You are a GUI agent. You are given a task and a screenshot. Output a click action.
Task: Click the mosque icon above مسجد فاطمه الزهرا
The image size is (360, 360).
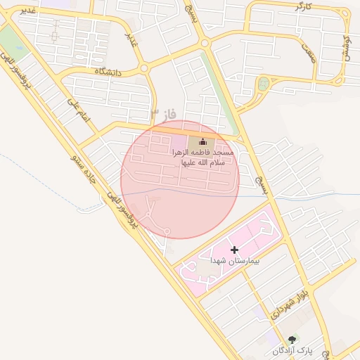click(x=202, y=142)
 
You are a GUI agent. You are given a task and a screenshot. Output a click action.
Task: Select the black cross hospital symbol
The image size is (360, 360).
click(x=234, y=250)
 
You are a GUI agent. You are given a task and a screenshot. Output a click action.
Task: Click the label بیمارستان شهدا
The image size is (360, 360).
click(x=235, y=260)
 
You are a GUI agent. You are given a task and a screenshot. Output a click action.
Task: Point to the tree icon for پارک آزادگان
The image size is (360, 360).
click(x=292, y=340)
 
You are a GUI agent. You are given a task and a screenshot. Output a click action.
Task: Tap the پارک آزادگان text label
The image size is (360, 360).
click(x=292, y=349)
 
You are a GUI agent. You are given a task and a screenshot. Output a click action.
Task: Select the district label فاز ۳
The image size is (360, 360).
click(x=163, y=114)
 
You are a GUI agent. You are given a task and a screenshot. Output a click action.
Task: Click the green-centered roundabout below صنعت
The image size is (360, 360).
click(x=264, y=84)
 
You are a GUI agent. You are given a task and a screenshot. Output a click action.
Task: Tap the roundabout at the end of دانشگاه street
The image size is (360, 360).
click(x=144, y=68)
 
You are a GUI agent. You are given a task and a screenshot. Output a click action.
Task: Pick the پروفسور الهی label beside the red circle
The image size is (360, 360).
click(x=122, y=210)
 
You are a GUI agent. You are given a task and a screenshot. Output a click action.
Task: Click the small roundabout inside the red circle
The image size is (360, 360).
click(x=167, y=231)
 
